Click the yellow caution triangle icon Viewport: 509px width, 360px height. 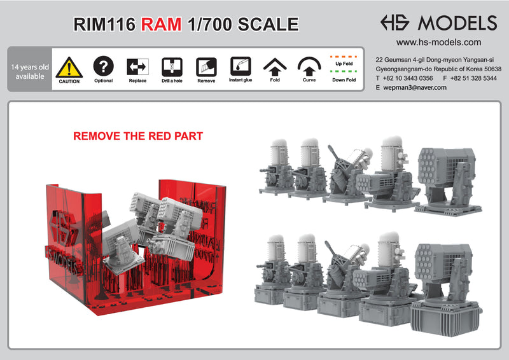(x=69, y=67)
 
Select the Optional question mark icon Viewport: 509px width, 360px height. (x=103, y=66)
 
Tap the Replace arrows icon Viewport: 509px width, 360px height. (x=137, y=66)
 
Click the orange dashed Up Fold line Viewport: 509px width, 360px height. (x=344, y=56)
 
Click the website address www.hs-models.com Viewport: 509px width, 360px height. (x=438, y=43)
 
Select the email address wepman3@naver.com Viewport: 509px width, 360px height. (x=414, y=87)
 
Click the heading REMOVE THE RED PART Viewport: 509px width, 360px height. (x=138, y=136)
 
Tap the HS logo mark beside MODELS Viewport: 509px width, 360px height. (x=396, y=23)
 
